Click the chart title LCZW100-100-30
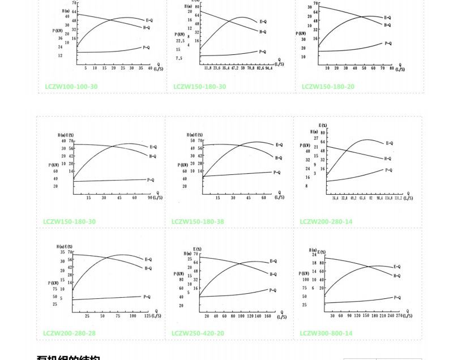71,87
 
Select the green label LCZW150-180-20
328,87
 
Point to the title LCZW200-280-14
326,221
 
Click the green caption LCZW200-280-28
69,333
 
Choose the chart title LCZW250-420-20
198,333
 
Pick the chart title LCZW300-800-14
326,333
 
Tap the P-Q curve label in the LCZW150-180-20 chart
388,44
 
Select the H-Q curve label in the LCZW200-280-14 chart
388,158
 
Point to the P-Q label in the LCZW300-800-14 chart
397,297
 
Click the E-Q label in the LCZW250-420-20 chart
273,261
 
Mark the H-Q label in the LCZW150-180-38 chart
279,158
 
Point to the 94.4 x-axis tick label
268,67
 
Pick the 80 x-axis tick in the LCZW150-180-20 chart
391,67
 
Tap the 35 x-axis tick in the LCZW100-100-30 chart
140,67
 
